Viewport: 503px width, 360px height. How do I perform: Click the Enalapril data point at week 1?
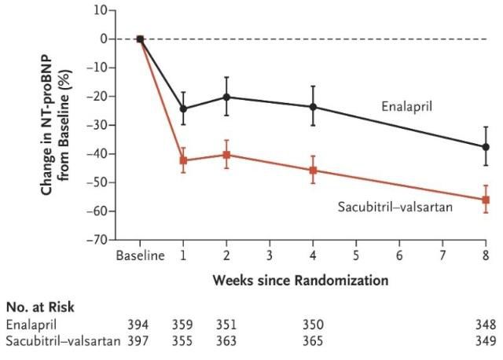pyautogui.click(x=183, y=108)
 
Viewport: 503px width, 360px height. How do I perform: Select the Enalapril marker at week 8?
pyautogui.click(x=486, y=147)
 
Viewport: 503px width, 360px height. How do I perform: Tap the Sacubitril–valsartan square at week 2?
pyautogui.click(x=226, y=155)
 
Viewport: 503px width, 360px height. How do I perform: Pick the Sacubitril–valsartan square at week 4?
pyautogui.click(x=313, y=170)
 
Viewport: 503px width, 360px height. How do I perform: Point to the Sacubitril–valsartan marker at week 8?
pyautogui.click(x=486, y=200)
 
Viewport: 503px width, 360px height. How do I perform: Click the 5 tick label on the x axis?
pyautogui.click(x=356, y=255)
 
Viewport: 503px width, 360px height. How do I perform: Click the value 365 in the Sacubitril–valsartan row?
pyautogui.click(x=313, y=341)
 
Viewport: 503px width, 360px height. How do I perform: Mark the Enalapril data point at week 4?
pyautogui.click(x=313, y=107)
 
